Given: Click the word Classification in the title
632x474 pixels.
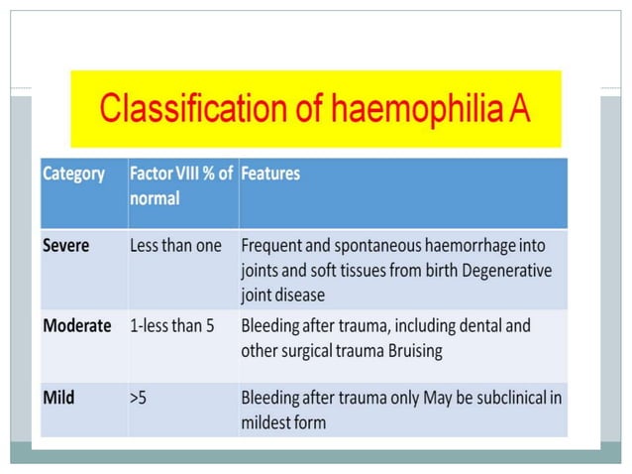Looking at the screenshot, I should [x=184, y=107].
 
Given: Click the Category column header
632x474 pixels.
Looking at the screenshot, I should [x=73, y=174].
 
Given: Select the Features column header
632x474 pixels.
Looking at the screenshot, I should [x=270, y=174].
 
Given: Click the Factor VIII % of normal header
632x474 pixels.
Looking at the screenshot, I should [x=181, y=185].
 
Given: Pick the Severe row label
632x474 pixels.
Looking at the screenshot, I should [x=67, y=245].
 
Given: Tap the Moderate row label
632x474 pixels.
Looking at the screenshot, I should [x=76, y=326].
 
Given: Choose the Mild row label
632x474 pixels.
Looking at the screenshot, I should [x=58, y=398].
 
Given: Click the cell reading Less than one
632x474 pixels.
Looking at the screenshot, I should [x=175, y=245].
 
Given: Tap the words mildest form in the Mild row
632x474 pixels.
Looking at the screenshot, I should [x=283, y=422].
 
